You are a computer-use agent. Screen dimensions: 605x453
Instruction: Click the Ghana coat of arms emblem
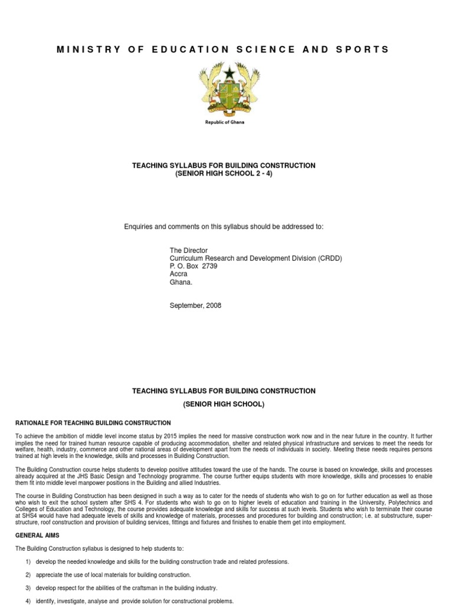point(224,88)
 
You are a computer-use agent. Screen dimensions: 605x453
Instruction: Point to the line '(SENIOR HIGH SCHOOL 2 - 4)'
point(224,174)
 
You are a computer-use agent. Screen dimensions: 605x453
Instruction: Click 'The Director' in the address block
point(189,251)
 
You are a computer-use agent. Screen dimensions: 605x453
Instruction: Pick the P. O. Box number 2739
point(209,266)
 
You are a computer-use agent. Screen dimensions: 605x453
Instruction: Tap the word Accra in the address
point(179,274)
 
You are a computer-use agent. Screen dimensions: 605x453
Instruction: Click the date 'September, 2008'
point(195,305)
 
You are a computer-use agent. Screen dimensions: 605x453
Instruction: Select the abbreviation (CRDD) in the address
point(329,258)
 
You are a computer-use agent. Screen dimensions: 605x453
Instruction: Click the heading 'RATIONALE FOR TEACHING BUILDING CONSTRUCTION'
point(93,423)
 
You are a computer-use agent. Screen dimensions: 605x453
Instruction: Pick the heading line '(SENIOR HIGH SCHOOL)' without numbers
point(224,404)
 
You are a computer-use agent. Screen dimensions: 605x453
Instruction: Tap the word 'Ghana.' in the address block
point(180,282)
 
